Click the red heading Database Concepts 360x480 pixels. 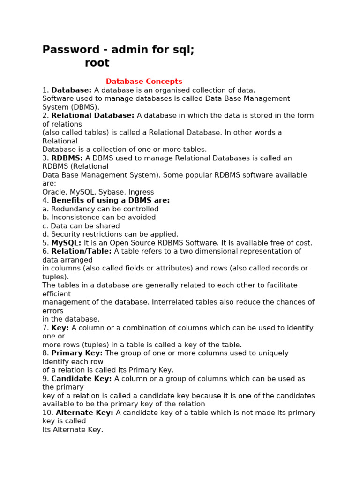coord(144,82)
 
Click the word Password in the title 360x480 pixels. coord(71,50)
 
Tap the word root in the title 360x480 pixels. coord(97,63)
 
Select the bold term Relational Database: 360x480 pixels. coord(93,116)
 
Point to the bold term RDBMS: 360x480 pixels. coord(67,158)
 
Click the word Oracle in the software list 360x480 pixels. coord(54,192)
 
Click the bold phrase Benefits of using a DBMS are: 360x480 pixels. coord(111,201)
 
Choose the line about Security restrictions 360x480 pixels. coord(110,234)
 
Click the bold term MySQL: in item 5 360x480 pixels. coord(66,243)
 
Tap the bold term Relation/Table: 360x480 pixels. coord(82,252)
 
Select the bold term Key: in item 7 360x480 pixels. coord(60,328)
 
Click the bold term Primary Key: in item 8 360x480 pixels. coord(77,353)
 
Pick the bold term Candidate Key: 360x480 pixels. coord(82,379)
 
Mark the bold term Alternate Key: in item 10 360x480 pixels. coord(84,413)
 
